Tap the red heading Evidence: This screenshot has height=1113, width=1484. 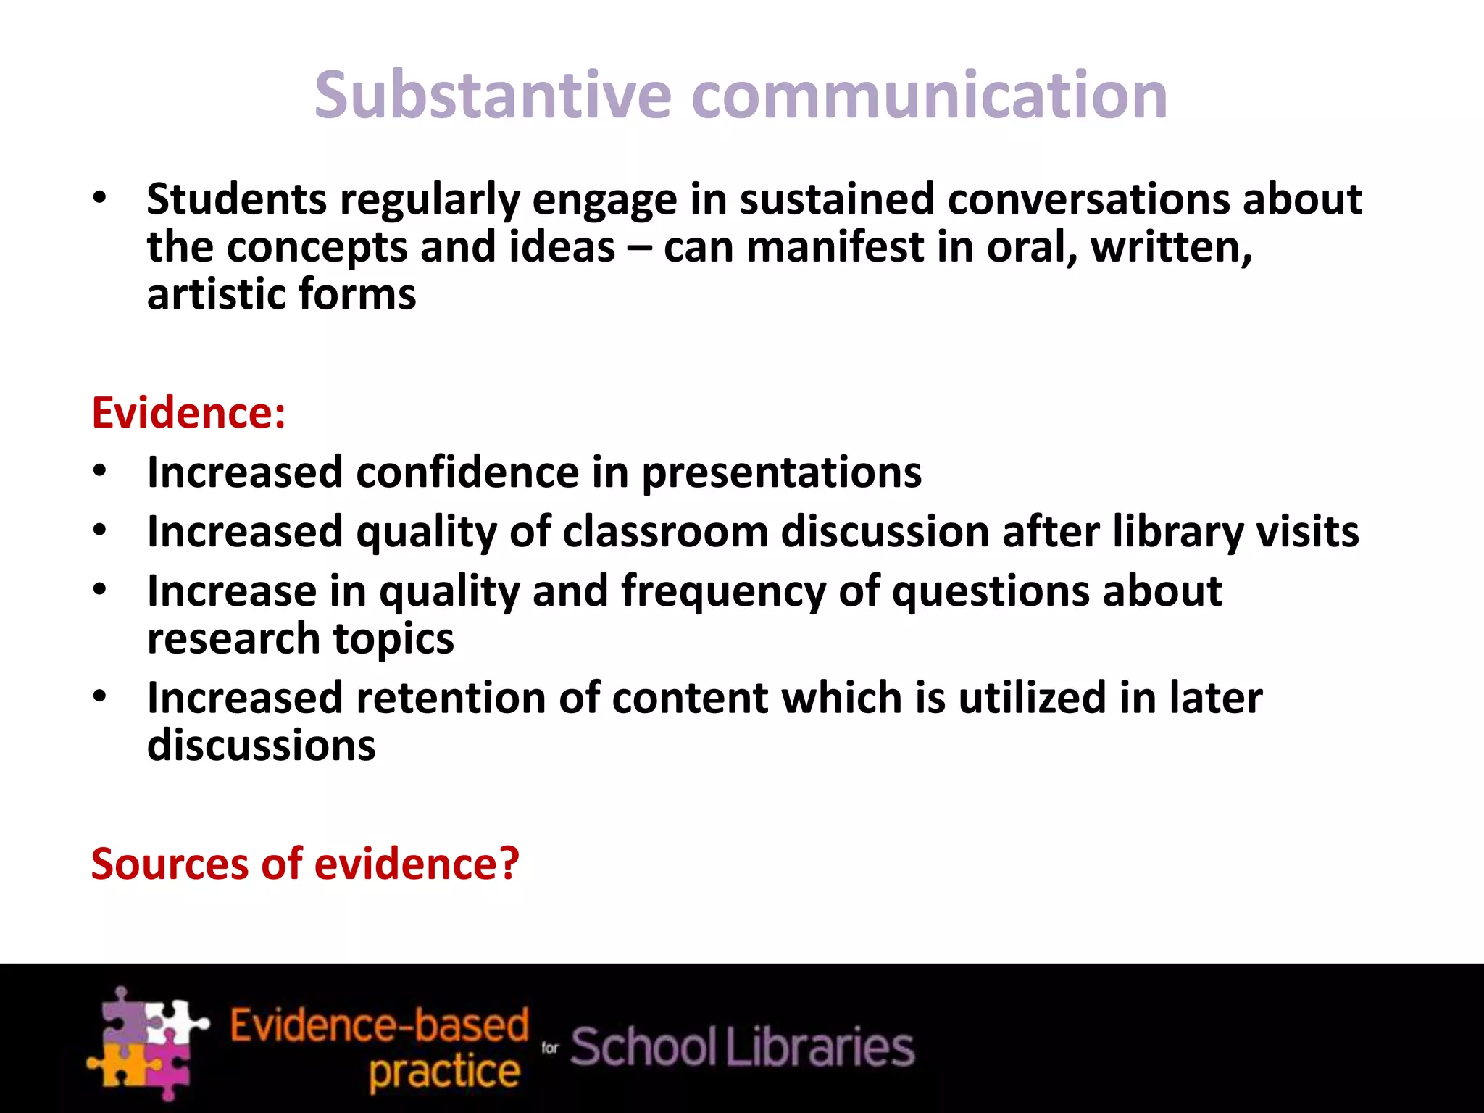coord(188,413)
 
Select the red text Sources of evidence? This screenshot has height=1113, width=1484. coord(305,864)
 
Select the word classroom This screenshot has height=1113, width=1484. coord(665,532)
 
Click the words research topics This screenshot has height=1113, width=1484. coord(300,639)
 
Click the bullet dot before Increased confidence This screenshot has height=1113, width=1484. coord(100,472)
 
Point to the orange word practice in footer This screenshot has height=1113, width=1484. coord(444,1071)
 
